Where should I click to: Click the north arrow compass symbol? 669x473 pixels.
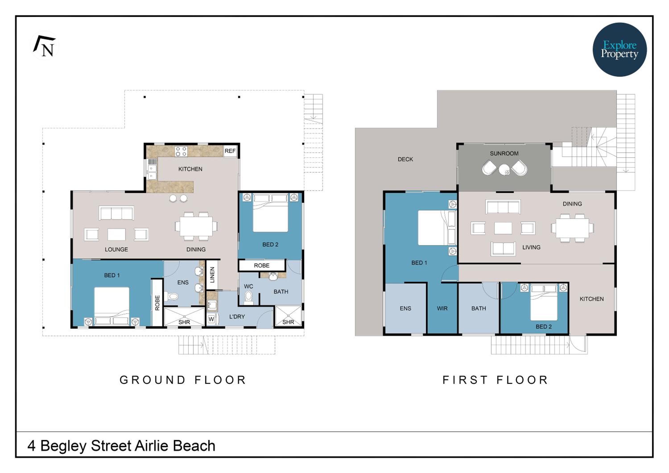click(45, 46)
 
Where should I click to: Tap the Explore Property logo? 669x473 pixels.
click(619, 49)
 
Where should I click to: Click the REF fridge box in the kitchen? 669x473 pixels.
click(230, 151)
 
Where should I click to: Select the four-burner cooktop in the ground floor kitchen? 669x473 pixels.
click(181, 151)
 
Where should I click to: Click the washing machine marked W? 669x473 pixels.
click(211, 319)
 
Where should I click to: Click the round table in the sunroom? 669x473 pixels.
click(504, 169)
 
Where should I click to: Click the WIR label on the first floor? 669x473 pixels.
click(442, 308)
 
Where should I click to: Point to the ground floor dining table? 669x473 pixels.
click(196, 226)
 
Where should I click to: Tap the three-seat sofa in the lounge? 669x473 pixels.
click(116, 213)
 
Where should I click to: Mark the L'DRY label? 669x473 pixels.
click(237, 317)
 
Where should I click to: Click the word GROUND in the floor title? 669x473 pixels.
click(152, 380)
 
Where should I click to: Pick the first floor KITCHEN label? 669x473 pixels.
click(591, 299)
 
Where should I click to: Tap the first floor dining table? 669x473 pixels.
click(573, 228)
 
